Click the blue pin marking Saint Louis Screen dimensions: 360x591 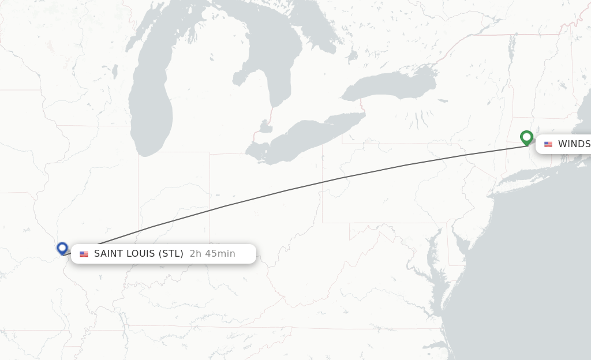pyautogui.click(x=62, y=248)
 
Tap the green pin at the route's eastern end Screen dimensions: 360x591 pyautogui.click(x=526, y=137)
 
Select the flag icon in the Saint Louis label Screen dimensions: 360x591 pyautogui.click(x=84, y=254)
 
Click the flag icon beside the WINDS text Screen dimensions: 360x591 pyautogui.click(x=548, y=144)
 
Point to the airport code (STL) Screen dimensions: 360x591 pyautogui.click(x=170, y=254)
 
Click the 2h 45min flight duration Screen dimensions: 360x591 pyautogui.click(x=212, y=254)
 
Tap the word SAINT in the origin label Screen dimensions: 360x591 pyautogui.click(x=108, y=254)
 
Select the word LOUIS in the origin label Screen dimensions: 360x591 pyautogui.click(x=139, y=254)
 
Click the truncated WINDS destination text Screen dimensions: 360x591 pyautogui.click(x=574, y=144)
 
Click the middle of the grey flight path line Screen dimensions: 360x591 pyautogui.click(x=294, y=188)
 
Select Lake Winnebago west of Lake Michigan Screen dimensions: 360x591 pyautogui.click(x=115, y=71)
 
